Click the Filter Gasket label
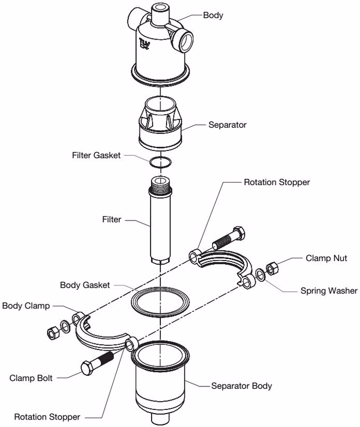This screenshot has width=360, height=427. click(96, 155)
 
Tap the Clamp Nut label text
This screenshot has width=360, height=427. click(326, 258)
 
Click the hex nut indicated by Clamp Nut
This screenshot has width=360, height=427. click(272, 268)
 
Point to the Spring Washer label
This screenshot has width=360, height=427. click(329, 290)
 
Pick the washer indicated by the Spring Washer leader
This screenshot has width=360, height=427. click(260, 274)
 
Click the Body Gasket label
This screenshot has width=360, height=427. click(85, 285)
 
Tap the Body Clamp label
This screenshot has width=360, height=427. click(26, 306)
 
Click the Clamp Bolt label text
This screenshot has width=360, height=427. click(31, 378)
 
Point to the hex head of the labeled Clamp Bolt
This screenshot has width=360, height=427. click(87, 368)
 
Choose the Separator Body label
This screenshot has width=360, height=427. click(241, 386)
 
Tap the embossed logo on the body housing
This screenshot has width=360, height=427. click(144, 44)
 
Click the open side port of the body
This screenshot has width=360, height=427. click(186, 41)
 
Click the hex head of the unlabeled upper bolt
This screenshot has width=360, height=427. click(239, 233)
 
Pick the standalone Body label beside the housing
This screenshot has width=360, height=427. click(213, 15)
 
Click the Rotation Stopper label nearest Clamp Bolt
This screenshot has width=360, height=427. click(47, 417)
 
